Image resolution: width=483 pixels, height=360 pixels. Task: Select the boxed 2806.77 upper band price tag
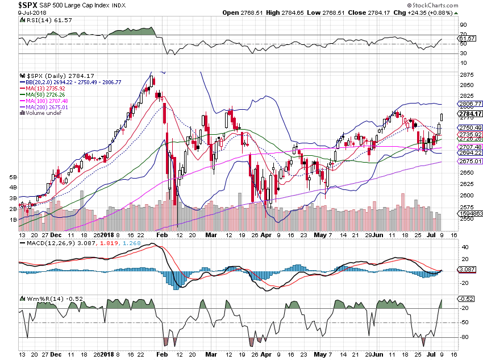pyautogui.click(x=470, y=104)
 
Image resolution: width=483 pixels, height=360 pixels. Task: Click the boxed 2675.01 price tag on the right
pyautogui.click(x=470, y=162)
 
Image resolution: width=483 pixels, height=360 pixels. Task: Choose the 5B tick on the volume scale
pyautogui.click(x=13, y=177)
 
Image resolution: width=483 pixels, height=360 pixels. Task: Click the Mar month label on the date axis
pyautogui.click(x=211, y=234)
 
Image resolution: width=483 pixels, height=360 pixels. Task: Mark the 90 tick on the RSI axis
pyautogui.click(x=464, y=25)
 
